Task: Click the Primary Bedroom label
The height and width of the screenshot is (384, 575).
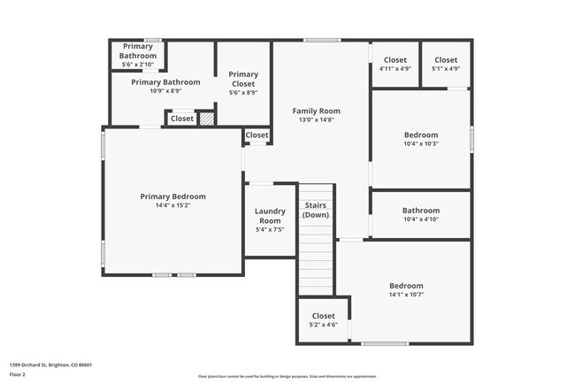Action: (172, 196)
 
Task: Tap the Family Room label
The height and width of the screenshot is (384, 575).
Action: (317, 111)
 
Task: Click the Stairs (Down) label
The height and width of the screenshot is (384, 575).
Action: (316, 210)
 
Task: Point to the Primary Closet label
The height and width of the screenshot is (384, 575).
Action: (243, 79)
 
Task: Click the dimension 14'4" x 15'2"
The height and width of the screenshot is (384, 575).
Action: (172, 205)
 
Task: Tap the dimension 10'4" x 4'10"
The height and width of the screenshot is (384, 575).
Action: (420, 219)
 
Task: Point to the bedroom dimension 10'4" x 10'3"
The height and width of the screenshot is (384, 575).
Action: (420, 143)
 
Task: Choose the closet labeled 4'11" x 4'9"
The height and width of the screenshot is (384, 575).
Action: (395, 68)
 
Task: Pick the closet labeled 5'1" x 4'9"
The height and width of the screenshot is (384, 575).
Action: (446, 68)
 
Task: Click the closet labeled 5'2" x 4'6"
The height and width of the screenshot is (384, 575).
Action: (323, 325)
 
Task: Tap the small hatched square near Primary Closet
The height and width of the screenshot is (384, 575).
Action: (206, 118)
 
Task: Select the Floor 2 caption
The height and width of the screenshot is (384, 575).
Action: (18, 374)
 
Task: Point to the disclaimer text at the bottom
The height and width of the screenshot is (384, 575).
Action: (287, 376)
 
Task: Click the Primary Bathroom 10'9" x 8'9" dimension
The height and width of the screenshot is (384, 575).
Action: (165, 90)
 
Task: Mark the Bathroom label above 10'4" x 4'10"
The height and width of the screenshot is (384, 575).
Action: (420, 211)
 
